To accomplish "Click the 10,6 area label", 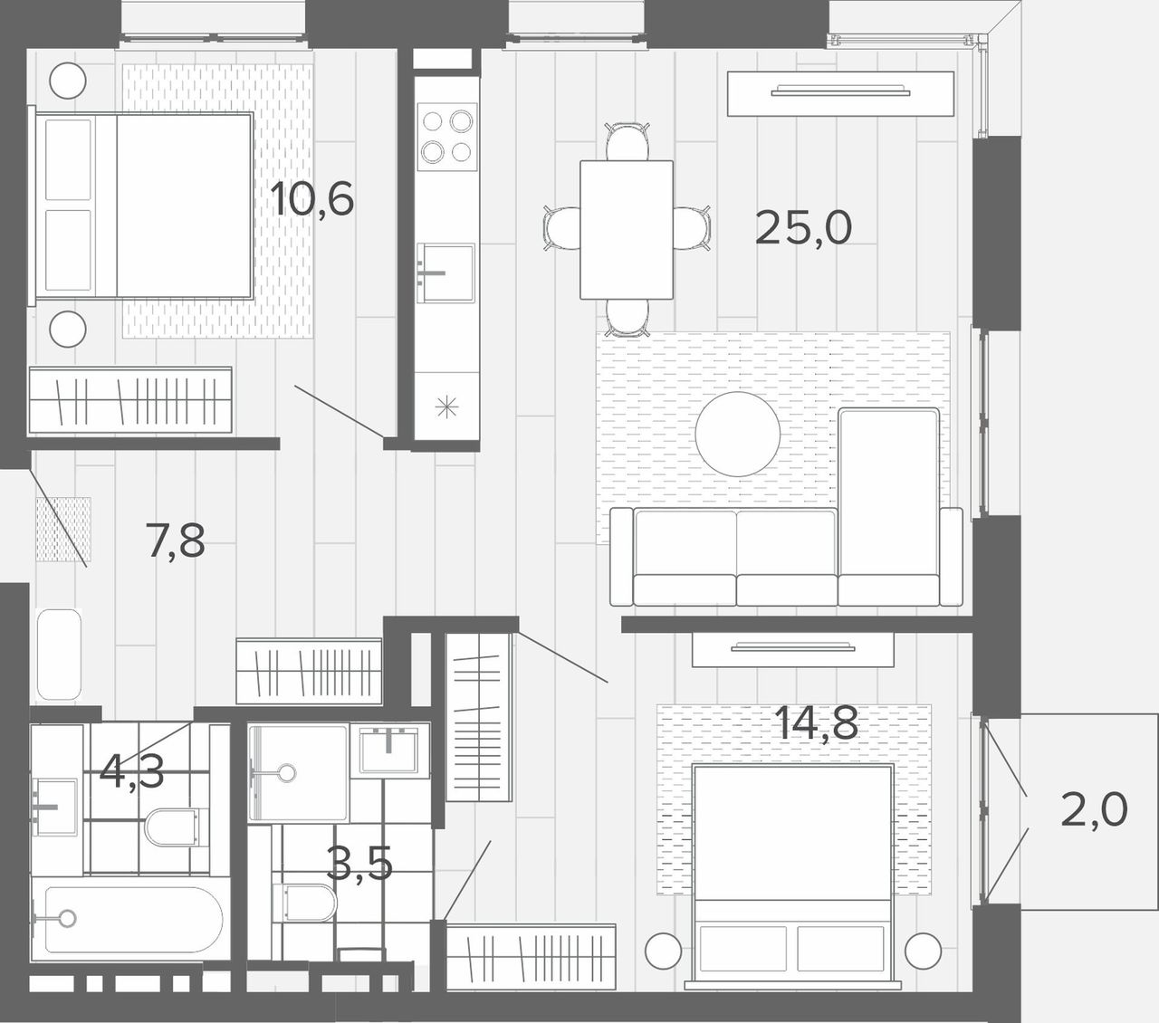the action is click(312, 199).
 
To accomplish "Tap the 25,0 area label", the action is click(803, 228).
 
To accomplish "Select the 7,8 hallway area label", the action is click(175, 540).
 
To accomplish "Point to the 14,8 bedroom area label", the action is click(817, 722).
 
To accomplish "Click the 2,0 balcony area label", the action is click(1094, 809).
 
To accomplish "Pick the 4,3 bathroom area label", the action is click(131, 772).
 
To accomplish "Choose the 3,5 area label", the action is click(359, 864).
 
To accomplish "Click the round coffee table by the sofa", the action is click(738, 434).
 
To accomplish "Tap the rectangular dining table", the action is click(627, 229).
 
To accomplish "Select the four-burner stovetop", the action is click(446, 137).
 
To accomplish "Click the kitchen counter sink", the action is click(445, 272).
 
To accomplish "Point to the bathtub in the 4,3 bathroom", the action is click(128, 920).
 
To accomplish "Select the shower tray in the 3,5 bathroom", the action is click(298, 773).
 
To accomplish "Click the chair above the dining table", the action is click(627, 140).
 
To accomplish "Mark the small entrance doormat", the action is click(63, 530).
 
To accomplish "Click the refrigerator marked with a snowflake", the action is click(446, 406).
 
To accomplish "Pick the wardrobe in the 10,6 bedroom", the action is click(130, 400).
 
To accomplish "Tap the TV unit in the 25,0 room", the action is click(840, 93).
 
